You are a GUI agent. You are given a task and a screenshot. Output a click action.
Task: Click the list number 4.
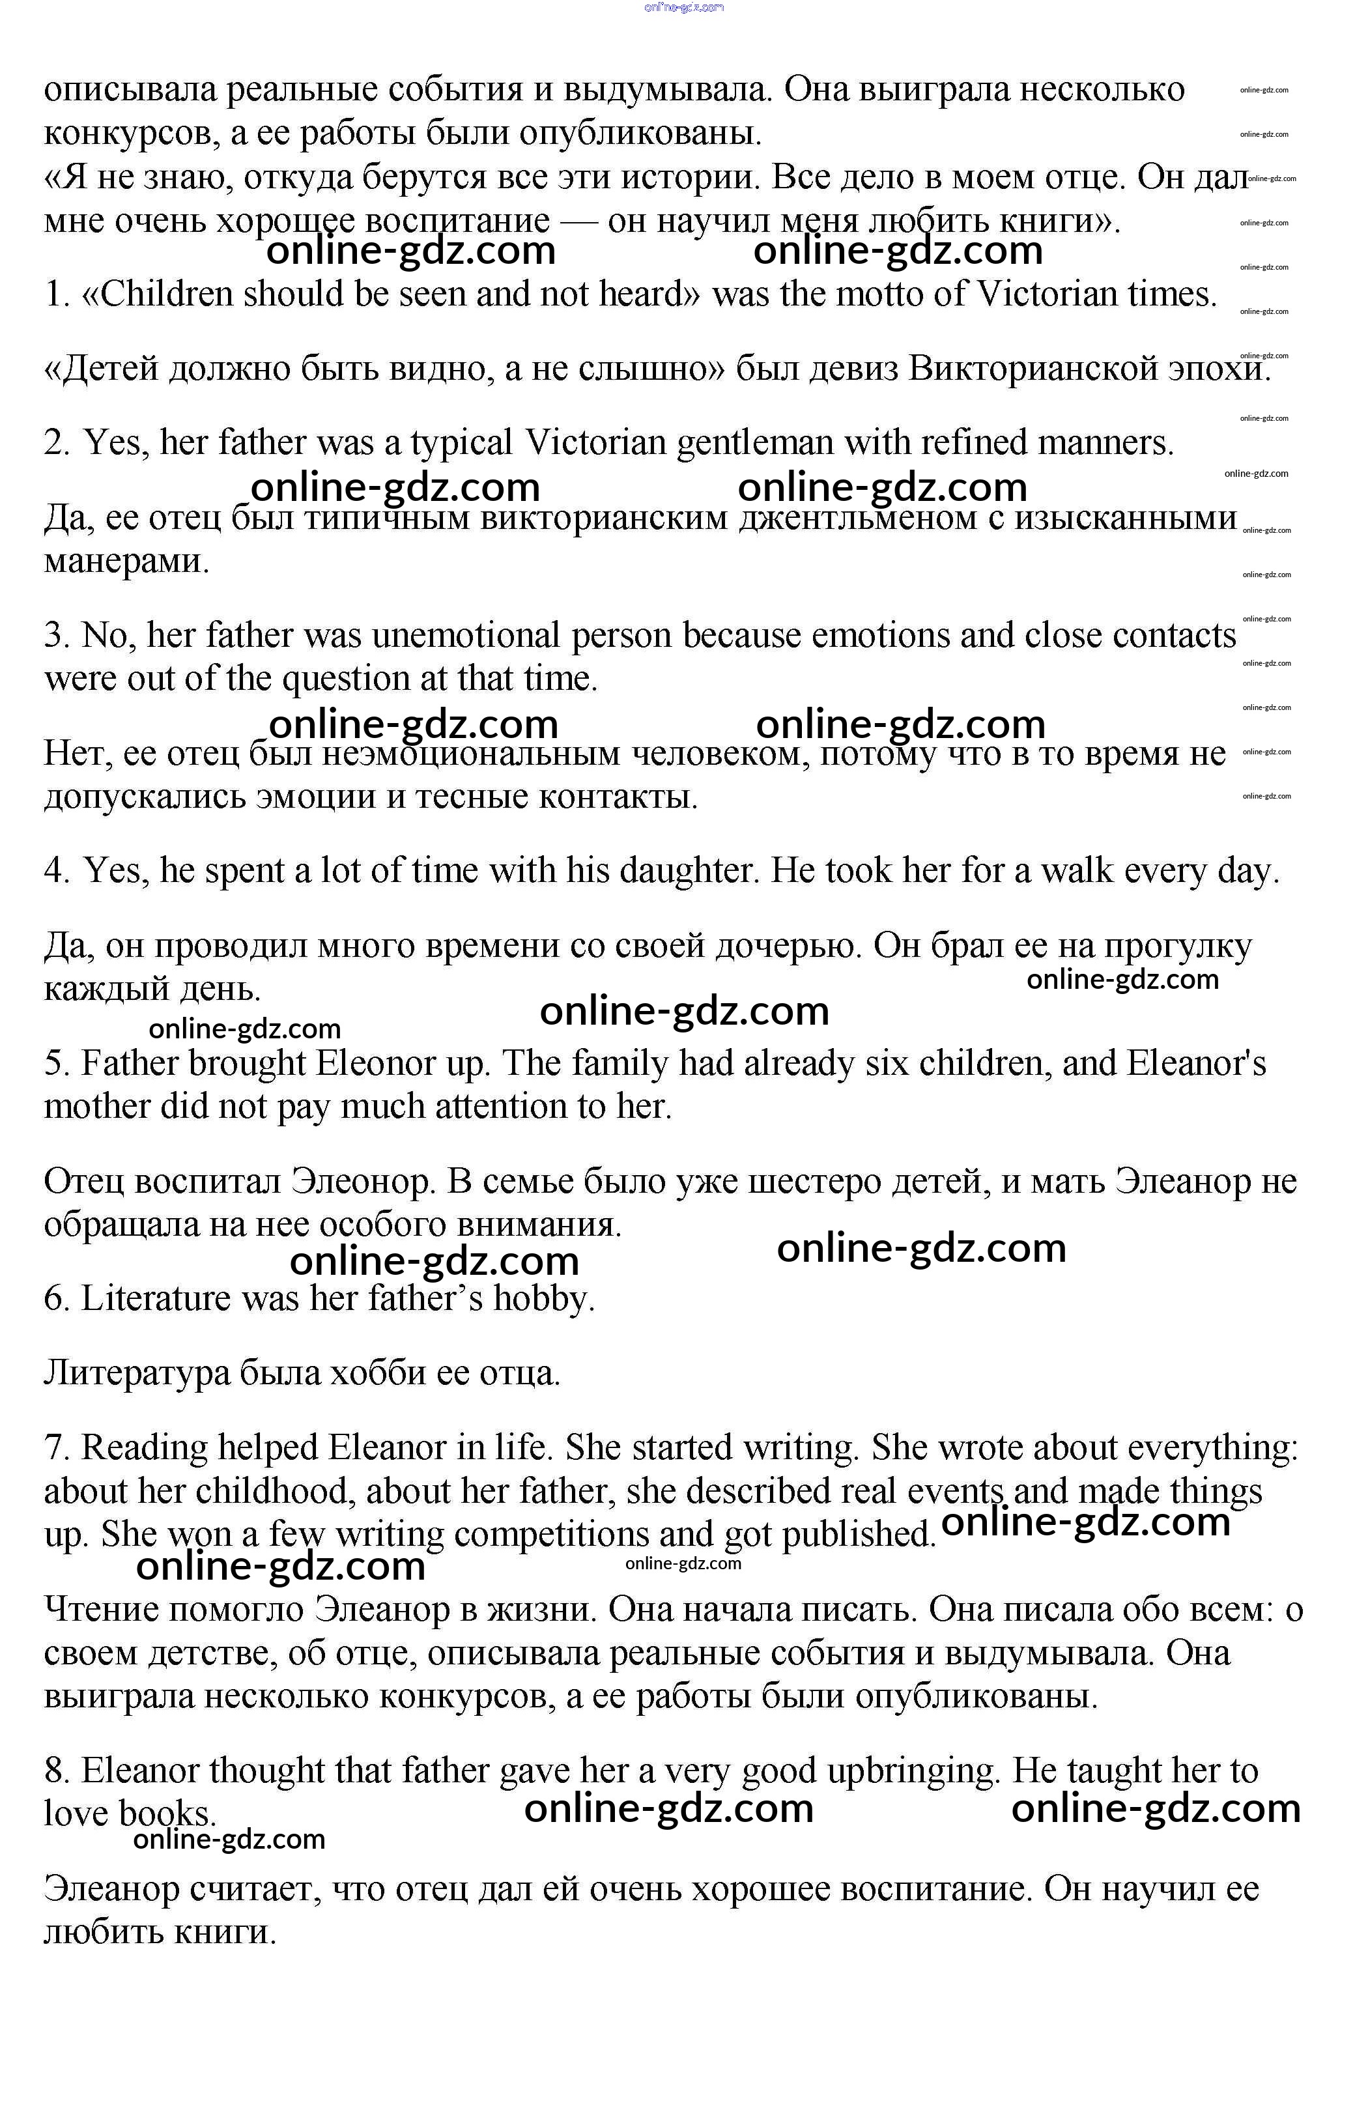coord(56,871)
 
